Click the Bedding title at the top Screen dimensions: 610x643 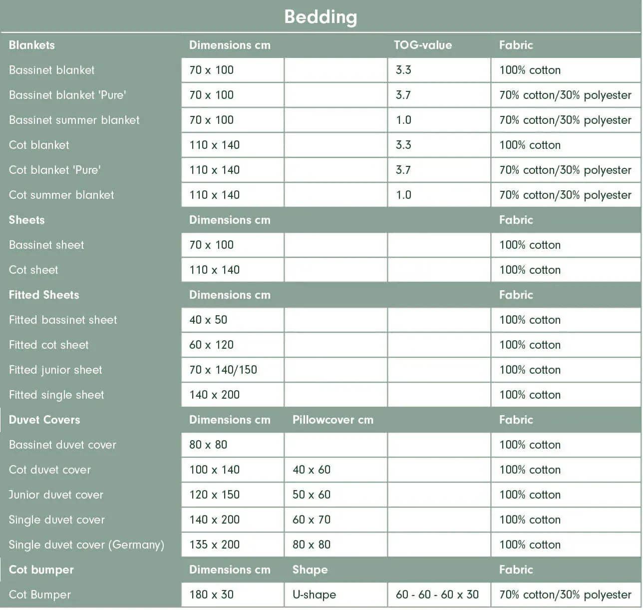pyautogui.click(x=321, y=17)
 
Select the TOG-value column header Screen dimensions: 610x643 pyautogui.click(x=422, y=45)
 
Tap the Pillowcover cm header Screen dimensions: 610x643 pyautogui.click(x=332, y=420)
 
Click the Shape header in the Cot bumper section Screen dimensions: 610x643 pyautogui.click(x=310, y=570)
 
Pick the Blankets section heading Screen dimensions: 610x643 pyautogui.click(x=32, y=45)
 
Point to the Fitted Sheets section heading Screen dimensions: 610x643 pyautogui.click(x=44, y=295)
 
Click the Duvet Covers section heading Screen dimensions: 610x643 pyautogui.click(x=44, y=420)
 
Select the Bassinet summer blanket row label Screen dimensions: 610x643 pyautogui.click(x=74, y=120)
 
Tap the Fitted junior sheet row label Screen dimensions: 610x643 pyautogui.click(x=55, y=370)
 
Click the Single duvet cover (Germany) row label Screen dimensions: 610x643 pyautogui.click(x=86, y=545)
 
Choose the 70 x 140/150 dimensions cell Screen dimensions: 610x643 pyautogui.click(x=223, y=370)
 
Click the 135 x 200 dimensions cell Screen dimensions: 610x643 pyautogui.click(x=214, y=545)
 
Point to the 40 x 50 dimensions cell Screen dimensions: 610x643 pyautogui.click(x=208, y=320)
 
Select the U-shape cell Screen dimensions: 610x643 pyautogui.click(x=314, y=595)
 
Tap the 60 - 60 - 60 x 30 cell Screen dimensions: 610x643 pyautogui.click(x=437, y=595)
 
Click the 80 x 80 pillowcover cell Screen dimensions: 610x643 pyautogui.click(x=312, y=545)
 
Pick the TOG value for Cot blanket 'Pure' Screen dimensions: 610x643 pyautogui.click(x=403, y=170)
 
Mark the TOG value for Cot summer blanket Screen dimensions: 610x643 pyautogui.click(x=403, y=195)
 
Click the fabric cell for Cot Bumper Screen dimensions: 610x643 pyautogui.click(x=565, y=595)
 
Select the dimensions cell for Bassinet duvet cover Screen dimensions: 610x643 pyautogui.click(x=208, y=445)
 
